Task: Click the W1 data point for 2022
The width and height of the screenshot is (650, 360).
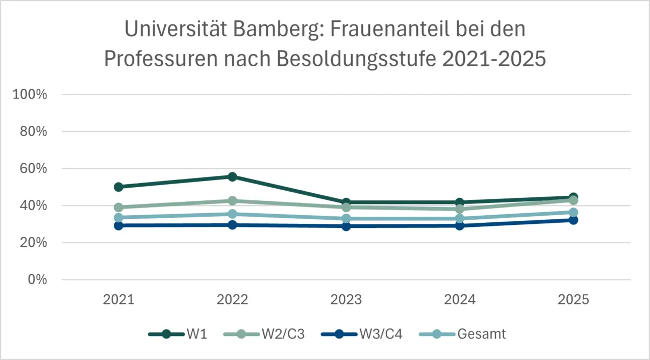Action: (232, 177)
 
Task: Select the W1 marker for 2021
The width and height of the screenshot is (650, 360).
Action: (118, 187)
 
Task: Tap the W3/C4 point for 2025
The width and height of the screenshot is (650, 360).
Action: (573, 220)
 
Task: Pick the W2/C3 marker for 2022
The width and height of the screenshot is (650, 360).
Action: (232, 201)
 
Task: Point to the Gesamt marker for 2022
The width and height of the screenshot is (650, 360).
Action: (232, 214)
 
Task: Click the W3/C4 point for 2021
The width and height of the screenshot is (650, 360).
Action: (118, 225)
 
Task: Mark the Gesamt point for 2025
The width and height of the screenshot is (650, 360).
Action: (573, 212)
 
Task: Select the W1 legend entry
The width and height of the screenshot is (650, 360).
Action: (177, 334)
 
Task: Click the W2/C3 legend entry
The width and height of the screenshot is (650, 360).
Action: (264, 334)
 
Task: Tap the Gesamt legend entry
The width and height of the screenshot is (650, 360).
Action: (462, 334)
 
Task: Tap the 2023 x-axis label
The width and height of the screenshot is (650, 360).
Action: (346, 299)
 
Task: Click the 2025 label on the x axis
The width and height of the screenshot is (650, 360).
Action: (573, 299)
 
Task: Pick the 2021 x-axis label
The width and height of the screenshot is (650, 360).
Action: (118, 299)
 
